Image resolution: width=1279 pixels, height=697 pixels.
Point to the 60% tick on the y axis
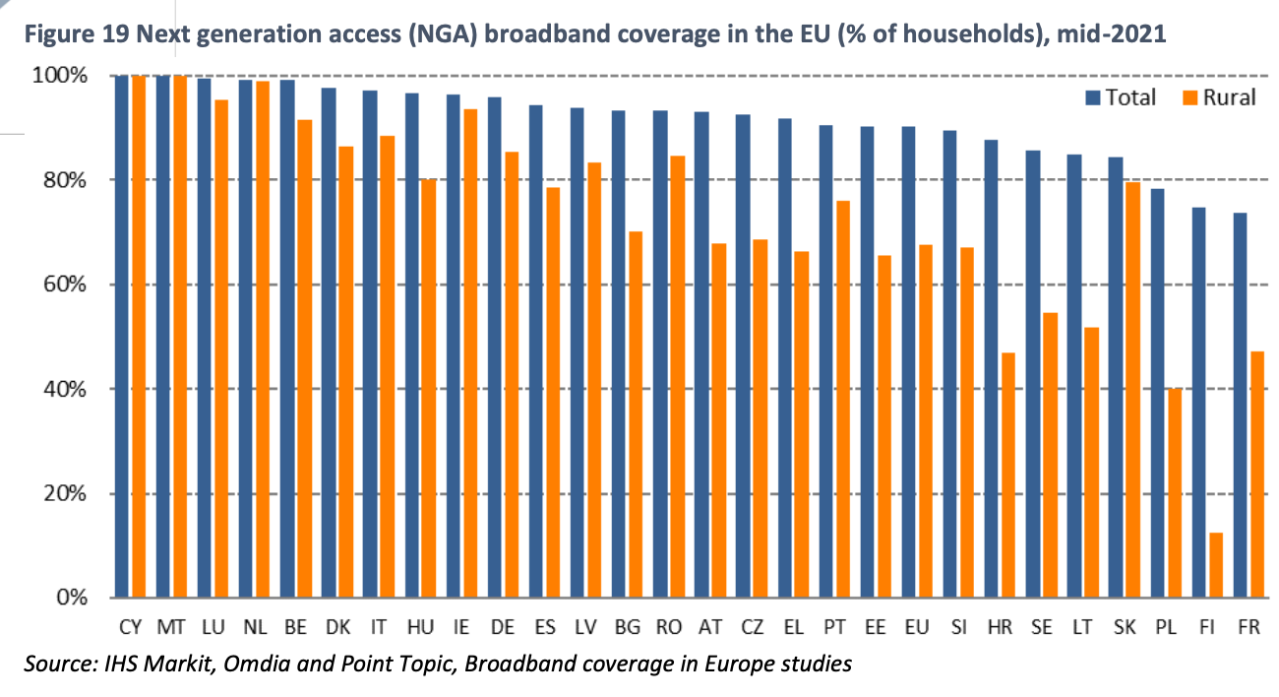pyautogui.click(x=73, y=285)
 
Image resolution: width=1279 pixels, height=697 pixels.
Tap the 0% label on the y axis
pyautogui.click(x=79, y=598)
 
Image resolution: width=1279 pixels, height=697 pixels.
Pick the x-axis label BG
pyautogui.click(x=626, y=626)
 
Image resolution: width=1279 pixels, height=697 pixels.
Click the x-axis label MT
pyautogui.click(x=170, y=626)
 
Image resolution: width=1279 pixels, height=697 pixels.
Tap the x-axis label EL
pyautogui.click(x=792, y=626)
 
